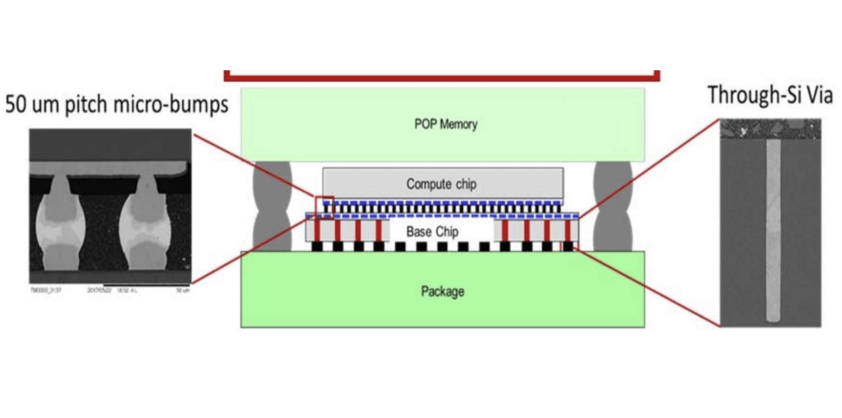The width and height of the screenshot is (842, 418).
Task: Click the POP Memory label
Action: click(x=445, y=124)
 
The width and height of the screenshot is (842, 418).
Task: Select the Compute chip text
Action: click(x=441, y=184)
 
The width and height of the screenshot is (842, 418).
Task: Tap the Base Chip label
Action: click(x=432, y=232)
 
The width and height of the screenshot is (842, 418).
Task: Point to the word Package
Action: click(x=442, y=291)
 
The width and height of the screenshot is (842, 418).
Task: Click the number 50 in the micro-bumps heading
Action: click(x=16, y=104)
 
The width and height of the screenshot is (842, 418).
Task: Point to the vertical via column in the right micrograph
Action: click(x=773, y=231)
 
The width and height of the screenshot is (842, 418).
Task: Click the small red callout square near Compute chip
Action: click(x=324, y=207)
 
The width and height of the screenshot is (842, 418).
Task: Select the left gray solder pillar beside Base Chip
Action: click(x=272, y=206)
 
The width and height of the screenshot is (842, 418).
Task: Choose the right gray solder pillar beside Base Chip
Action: click(x=613, y=206)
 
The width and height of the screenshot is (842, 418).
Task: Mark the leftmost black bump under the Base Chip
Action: click(x=317, y=247)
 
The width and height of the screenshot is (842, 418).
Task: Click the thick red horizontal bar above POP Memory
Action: click(x=442, y=78)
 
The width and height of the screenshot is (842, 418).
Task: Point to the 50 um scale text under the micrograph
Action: click(x=183, y=290)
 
